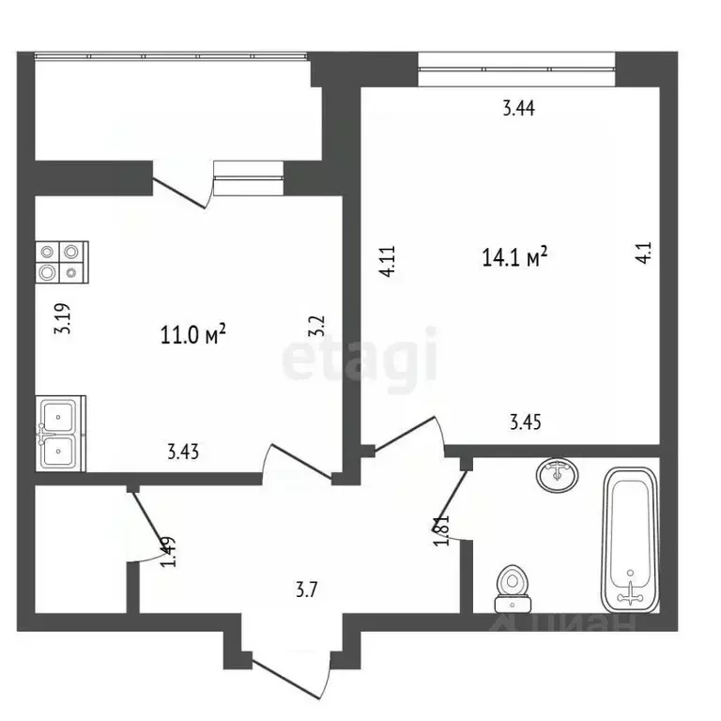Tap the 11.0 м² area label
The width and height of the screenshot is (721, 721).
pos(195,333)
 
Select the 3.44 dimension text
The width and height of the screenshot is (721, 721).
pos(518,109)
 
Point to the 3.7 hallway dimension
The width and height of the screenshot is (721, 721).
pos(306,591)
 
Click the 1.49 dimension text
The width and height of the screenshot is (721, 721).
pos(167,550)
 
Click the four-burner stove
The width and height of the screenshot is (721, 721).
pos(61,262)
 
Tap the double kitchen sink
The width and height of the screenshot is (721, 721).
pos(61,433)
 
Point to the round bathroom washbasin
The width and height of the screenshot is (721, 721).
pos(558,474)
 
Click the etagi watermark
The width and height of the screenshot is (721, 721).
pos(360,356)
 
